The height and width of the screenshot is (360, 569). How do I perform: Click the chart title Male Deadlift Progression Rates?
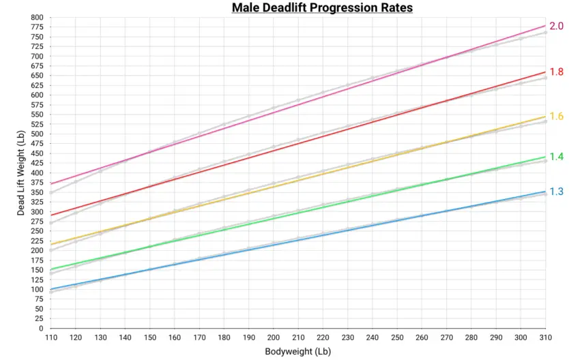[x=322, y=7]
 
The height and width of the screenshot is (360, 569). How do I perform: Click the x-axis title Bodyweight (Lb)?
[x=298, y=352]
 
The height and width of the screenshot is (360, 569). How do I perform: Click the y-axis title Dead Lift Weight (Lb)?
[x=23, y=172]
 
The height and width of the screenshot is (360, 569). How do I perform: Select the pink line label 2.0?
[x=556, y=27]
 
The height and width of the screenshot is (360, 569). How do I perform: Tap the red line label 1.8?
[x=556, y=72]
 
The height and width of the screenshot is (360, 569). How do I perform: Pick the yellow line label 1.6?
[x=556, y=117]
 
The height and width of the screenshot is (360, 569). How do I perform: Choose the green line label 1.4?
[x=556, y=157]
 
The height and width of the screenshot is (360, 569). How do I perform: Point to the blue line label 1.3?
[x=556, y=192]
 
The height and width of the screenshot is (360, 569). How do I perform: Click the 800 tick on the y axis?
[x=37, y=17]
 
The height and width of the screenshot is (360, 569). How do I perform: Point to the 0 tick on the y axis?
[x=41, y=328]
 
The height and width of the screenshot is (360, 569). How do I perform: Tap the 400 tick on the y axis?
[x=37, y=172]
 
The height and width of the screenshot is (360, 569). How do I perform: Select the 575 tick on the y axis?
[x=37, y=104]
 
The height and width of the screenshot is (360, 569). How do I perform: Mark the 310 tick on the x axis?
[x=545, y=337]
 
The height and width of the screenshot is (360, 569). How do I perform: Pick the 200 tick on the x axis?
[x=273, y=337]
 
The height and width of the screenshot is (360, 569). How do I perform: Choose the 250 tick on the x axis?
[x=396, y=337]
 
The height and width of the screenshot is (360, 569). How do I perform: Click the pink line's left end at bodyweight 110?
[x=50, y=183]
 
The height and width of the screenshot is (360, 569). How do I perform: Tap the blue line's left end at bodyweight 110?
[x=50, y=289]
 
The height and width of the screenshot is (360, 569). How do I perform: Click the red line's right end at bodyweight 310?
[x=545, y=72]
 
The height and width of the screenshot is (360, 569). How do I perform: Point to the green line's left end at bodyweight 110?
[x=50, y=269]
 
